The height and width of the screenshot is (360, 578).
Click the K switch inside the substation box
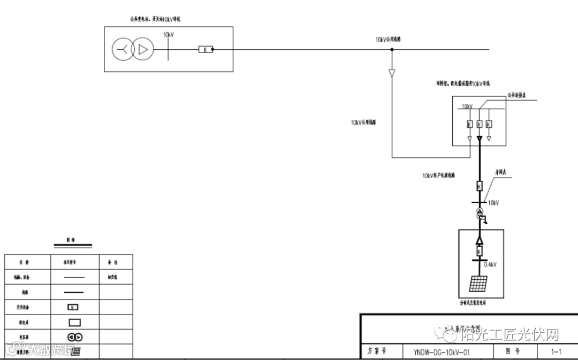[206, 50]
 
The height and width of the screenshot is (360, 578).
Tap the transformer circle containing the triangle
[142, 50]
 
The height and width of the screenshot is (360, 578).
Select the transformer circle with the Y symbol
[123, 50]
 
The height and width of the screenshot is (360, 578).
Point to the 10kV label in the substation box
[168, 35]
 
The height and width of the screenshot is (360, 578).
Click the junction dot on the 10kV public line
[392, 50]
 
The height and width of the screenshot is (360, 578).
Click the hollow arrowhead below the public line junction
[392, 72]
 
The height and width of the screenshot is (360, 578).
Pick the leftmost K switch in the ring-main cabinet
[469, 124]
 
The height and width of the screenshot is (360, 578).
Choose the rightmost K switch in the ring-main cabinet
[489, 124]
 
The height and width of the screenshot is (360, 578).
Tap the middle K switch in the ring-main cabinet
[479, 124]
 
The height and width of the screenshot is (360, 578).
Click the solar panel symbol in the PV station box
[478, 284]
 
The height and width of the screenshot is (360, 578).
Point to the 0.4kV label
[491, 264]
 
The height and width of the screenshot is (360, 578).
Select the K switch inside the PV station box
[479, 251]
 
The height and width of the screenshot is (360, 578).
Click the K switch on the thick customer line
[480, 186]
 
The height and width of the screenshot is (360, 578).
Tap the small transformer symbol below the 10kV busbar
[480, 215]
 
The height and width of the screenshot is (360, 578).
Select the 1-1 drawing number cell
[556, 352]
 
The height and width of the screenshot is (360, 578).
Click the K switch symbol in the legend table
[74, 307]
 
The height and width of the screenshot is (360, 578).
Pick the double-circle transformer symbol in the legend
[74, 337]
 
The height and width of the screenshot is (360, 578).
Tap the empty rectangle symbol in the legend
[74, 322]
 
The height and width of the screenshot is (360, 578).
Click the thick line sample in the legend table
[74, 292]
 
